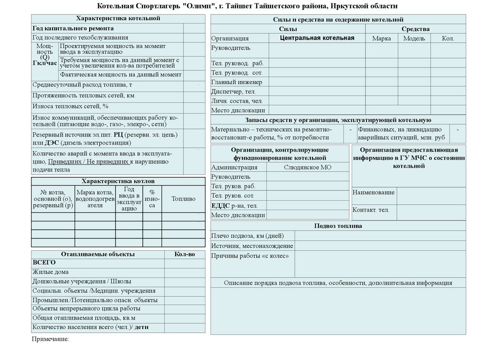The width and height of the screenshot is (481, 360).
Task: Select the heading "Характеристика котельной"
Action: coord(118,18)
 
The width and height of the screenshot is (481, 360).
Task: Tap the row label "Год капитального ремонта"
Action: coord(73,28)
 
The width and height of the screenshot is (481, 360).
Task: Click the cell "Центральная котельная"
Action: coord(317,38)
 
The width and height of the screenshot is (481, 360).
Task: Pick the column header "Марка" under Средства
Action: coord(381,38)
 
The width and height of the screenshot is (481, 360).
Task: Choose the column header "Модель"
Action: coord(414,38)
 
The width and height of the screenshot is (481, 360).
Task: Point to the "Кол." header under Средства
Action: coord(448,38)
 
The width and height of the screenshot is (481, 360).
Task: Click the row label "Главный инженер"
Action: coord(233,82)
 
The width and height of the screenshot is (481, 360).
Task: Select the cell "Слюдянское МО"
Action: coord(308,168)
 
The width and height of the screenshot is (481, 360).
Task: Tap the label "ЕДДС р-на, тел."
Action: coord(234,206)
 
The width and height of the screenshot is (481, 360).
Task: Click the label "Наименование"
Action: coord(373,192)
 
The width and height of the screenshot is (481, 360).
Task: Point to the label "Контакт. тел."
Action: coord(371,210)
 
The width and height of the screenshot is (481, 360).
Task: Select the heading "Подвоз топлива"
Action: coord(338,226)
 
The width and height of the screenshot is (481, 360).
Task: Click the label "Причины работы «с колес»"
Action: coord(250,256)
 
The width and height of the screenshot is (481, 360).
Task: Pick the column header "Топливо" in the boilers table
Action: coord(183,199)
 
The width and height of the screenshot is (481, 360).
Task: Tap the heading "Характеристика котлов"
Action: coord(118,181)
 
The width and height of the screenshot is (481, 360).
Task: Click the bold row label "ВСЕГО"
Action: coord(44,262)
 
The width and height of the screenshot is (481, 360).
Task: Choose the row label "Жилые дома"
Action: coord(50,272)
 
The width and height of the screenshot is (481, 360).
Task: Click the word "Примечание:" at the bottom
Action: coord(50,338)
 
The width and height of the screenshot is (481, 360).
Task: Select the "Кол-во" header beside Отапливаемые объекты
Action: coord(184,254)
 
